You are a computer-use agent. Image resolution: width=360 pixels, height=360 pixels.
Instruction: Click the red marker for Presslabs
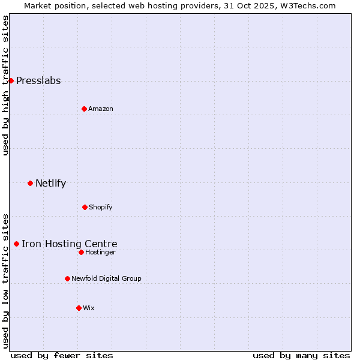(11, 80)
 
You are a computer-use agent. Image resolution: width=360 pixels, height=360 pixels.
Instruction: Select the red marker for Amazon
(84, 109)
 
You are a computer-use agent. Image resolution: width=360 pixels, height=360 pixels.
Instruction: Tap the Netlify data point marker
(30, 183)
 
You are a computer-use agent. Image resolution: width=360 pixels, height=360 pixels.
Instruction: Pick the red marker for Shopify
(85, 207)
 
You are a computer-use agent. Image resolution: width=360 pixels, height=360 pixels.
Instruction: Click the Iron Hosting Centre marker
(16, 244)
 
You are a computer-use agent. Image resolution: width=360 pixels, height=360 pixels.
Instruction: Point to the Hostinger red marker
(81, 252)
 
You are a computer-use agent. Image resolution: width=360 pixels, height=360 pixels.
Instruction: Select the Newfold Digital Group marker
(67, 278)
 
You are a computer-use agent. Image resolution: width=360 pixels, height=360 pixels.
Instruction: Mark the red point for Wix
(79, 308)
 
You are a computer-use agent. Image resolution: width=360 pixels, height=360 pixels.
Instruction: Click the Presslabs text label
(38, 81)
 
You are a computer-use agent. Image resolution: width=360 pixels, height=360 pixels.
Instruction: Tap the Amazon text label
(101, 109)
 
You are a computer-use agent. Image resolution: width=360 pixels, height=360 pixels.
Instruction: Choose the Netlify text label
(50, 184)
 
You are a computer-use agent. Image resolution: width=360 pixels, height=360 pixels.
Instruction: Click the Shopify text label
(101, 208)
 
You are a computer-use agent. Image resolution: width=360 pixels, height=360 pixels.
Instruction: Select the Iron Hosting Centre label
(70, 244)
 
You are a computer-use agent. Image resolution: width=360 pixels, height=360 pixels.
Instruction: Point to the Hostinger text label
(100, 253)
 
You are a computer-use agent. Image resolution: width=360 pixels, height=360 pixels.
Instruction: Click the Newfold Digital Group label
(106, 279)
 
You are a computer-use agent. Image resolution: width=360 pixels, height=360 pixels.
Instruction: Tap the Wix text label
(89, 308)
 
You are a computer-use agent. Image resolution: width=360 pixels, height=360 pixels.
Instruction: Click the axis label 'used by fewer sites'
(62, 355)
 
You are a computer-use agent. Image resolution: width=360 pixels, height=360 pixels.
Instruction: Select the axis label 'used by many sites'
(301, 355)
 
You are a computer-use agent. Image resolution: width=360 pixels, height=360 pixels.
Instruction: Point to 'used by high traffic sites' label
(6, 85)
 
